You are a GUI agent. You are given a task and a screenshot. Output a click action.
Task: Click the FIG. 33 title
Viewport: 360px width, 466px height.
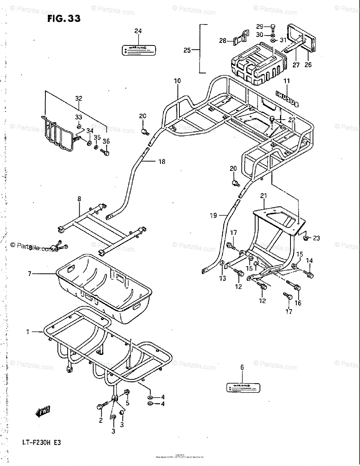64,18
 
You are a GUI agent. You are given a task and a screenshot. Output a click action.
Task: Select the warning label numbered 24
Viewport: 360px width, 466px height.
138,49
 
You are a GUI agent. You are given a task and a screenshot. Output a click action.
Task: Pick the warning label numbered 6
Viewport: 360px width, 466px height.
243,387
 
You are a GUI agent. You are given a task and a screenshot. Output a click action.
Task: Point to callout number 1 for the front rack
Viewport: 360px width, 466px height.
28,332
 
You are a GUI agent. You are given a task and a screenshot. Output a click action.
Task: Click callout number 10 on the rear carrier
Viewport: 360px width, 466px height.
177,81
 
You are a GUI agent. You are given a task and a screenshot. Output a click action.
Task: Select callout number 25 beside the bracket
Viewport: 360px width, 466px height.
187,50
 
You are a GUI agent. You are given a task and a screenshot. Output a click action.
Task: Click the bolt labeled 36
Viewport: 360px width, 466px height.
105,153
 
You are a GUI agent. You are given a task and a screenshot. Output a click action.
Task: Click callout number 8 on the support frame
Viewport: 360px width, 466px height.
79,198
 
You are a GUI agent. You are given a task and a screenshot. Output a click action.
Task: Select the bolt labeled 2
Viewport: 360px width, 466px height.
100,407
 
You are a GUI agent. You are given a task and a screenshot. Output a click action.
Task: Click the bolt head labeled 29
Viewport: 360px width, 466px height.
273,27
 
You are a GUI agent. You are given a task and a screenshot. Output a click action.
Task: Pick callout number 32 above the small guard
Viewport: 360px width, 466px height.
79,99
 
